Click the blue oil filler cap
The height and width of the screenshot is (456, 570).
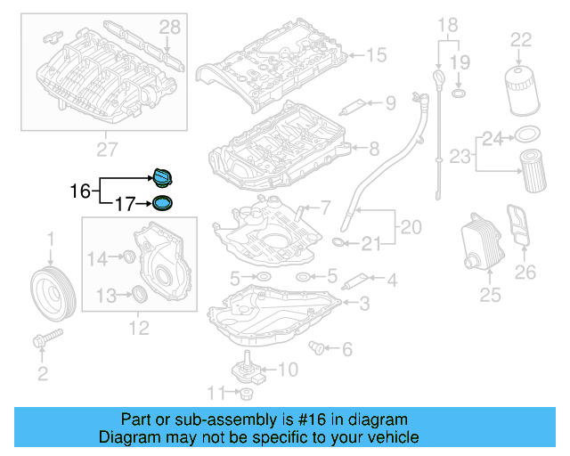tap(162, 175)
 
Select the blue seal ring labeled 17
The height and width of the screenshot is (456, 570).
tap(162, 204)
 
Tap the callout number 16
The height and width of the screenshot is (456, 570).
tap(80, 191)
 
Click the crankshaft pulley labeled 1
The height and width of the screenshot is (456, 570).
tap(52, 290)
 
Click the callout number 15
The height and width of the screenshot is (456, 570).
tap(375, 56)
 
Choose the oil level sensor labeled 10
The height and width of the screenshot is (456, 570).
tap(243, 368)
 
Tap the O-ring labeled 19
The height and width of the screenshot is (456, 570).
tap(458, 93)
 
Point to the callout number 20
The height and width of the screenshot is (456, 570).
tap(411, 228)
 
